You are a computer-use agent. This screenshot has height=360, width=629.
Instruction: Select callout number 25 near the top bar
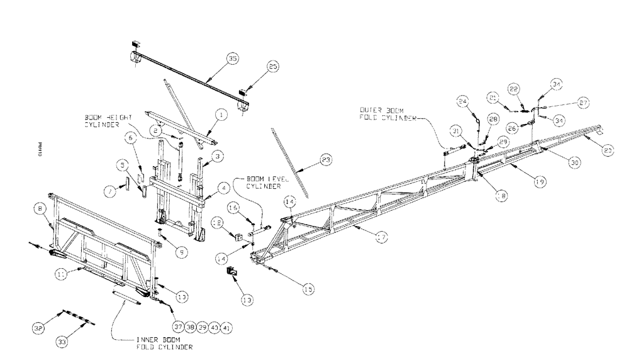click(272, 67)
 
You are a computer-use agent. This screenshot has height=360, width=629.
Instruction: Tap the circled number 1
click(221, 115)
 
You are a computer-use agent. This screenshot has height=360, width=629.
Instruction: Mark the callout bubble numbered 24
click(462, 100)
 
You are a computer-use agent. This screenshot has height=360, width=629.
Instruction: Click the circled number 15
click(308, 290)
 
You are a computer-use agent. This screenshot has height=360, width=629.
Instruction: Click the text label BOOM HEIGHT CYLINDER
click(109, 121)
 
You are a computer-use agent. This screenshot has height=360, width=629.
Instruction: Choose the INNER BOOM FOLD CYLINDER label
click(164, 342)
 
